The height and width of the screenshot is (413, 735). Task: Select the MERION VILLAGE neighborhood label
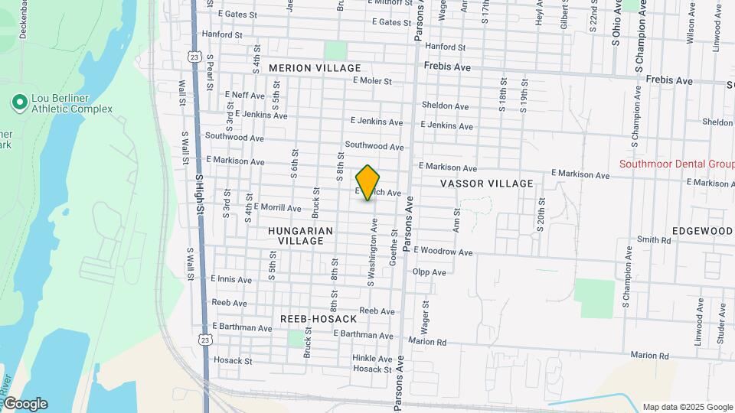click(x=305, y=68)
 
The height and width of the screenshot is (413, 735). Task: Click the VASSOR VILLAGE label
click(x=486, y=184)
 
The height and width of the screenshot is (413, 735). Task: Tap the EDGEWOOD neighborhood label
click(x=703, y=231)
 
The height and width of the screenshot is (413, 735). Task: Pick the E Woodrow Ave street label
click(x=443, y=251)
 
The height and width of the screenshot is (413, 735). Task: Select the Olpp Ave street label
click(x=429, y=272)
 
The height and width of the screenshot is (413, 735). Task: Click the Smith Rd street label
click(x=654, y=240)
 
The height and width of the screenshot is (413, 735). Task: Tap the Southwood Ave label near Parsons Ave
click(x=374, y=145)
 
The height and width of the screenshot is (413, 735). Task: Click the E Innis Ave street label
click(x=230, y=280)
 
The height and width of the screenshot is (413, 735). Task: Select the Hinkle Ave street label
click(x=373, y=358)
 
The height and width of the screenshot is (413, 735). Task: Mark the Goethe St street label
click(x=394, y=249)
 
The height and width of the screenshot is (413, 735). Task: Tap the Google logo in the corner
click(x=24, y=404)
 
